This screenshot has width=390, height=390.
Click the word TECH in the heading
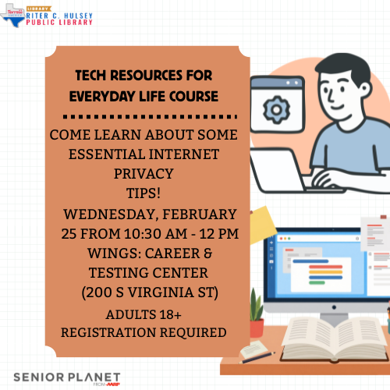tap(94, 76)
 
